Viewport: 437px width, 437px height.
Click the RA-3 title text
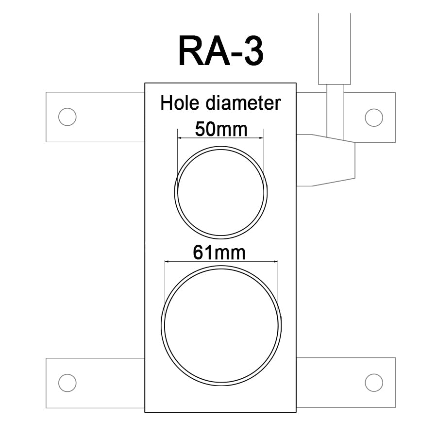point(221,51)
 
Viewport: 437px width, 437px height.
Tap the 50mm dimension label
point(221,129)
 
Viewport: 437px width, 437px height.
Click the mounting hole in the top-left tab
point(67,117)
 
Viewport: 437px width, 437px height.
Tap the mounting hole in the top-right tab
point(373,117)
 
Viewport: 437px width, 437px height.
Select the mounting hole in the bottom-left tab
point(67,383)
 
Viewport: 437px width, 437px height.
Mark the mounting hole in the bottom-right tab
point(373,383)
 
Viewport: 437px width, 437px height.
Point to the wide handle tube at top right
point(334,49)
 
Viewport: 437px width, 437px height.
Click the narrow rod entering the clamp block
point(335,112)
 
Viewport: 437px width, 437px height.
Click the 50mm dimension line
point(221,138)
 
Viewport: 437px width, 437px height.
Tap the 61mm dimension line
point(221,262)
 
